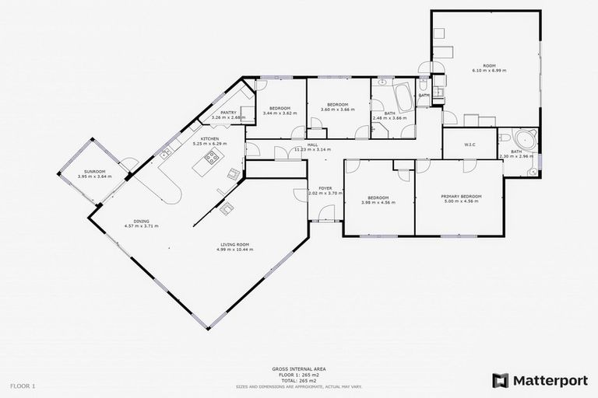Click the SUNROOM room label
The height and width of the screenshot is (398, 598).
[x=95, y=171]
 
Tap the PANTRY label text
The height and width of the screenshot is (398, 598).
[x=228, y=113]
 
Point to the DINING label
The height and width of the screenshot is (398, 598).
[x=141, y=221]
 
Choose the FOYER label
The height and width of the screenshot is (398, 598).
[x=324, y=187]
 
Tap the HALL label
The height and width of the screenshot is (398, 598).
[x=312, y=145]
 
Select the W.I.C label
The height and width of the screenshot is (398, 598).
[x=470, y=144]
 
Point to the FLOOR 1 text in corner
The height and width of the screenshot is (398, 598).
[x=23, y=386]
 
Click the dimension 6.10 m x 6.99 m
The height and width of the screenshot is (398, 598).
[x=489, y=71]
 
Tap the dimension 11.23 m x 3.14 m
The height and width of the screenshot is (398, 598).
[x=312, y=149]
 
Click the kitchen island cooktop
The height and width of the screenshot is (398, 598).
[x=212, y=159]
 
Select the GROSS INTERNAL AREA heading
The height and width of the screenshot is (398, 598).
[x=298, y=369]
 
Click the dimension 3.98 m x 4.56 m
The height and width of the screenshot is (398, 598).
[x=378, y=202]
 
